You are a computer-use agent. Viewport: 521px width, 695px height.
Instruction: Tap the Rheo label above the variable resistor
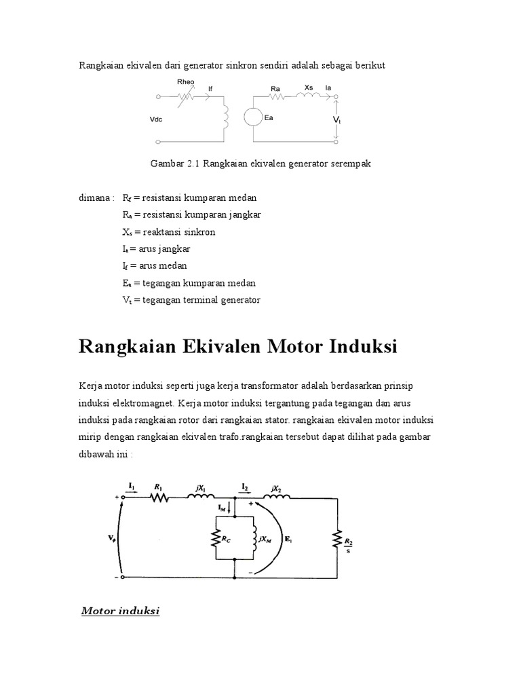pyautogui.click(x=185, y=82)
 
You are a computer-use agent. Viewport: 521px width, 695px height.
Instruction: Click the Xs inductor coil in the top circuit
pyautogui.click(x=309, y=97)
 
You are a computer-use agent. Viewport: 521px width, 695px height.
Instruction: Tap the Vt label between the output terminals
pyautogui.click(x=337, y=119)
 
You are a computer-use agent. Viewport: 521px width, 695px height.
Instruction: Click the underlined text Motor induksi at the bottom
pyautogui.click(x=120, y=612)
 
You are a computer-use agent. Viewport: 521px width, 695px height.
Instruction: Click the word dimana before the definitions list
pyautogui.click(x=95, y=198)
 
